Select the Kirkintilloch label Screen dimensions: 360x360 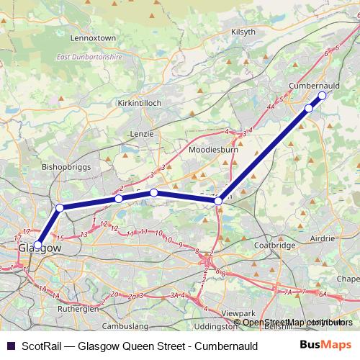139,103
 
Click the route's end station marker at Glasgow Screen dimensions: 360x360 37,245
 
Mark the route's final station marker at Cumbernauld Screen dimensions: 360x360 322,95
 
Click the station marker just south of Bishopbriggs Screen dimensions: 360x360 60,208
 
